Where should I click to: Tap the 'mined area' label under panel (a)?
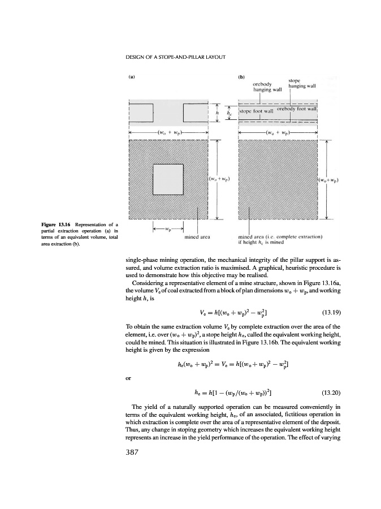tap(198, 238)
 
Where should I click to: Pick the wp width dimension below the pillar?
tap(168, 229)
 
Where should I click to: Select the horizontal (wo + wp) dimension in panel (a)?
tap(168, 134)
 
